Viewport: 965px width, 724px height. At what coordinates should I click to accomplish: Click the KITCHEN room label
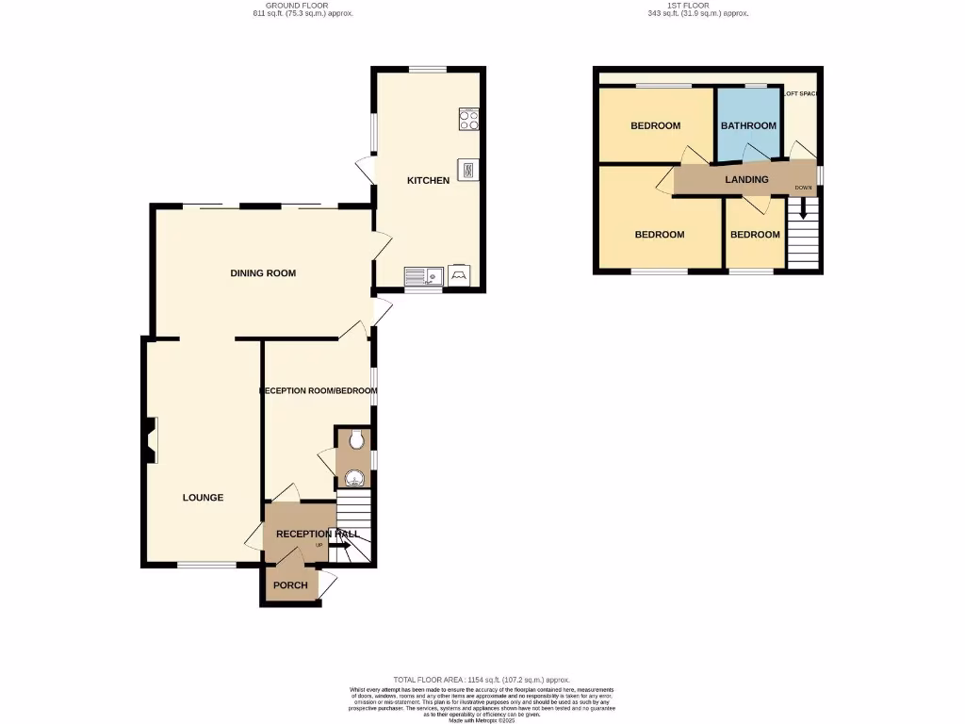pos(428,180)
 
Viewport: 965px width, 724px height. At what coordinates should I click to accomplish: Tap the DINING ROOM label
pos(263,273)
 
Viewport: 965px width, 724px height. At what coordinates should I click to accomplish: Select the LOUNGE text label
pos(203,498)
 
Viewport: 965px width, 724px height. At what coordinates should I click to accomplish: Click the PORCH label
pos(290,585)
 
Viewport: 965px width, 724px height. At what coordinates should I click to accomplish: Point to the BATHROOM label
pos(748,125)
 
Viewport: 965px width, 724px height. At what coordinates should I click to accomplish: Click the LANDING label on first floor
pos(746,179)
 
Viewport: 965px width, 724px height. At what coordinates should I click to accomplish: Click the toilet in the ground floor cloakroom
pos(355,439)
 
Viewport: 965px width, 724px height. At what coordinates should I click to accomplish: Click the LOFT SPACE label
pos(801,93)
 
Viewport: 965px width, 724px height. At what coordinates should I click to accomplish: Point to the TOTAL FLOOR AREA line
pos(482,680)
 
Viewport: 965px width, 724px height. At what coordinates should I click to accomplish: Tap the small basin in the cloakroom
pos(354,477)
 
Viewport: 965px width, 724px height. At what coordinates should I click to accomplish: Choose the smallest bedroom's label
pos(755,235)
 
